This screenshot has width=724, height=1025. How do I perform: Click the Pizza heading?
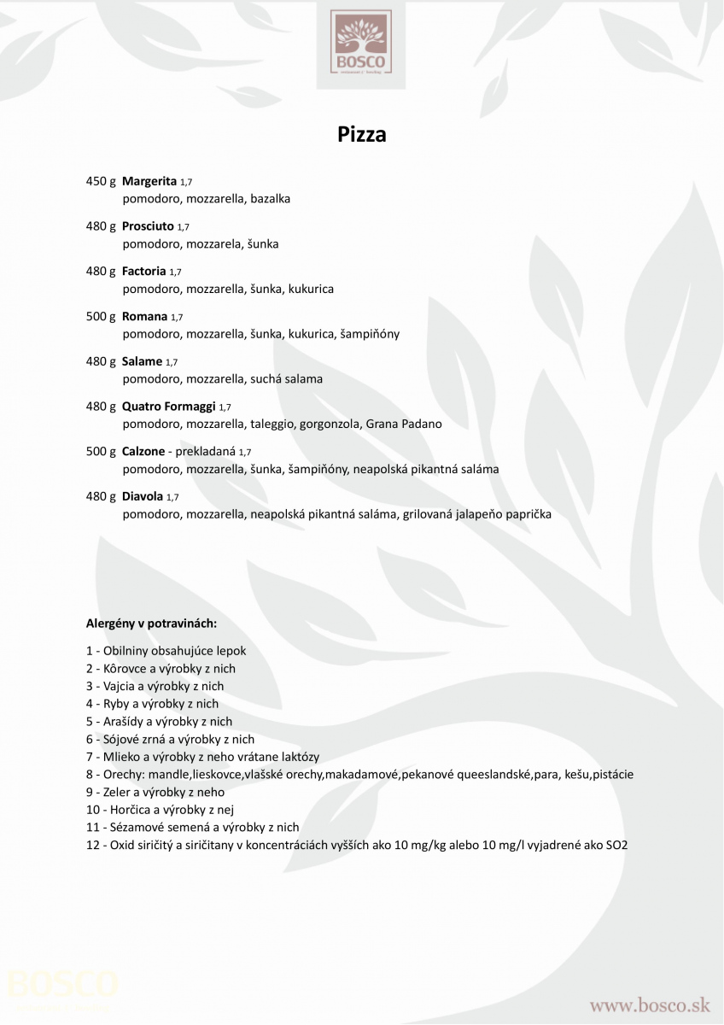(x=362, y=135)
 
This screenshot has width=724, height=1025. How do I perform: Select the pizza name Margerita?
(x=149, y=181)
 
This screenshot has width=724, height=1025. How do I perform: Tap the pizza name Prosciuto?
(x=148, y=226)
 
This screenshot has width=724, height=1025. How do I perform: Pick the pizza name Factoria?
(x=144, y=272)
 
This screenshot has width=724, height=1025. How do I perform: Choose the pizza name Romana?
(x=145, y=317)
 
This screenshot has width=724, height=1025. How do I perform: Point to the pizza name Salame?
(x=142, y=362)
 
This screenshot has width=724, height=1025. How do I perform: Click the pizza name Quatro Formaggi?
(x=169, y=407)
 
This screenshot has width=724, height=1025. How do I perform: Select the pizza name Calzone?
(x=143, y=452)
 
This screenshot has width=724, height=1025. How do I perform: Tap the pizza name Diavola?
(x=143, y=496)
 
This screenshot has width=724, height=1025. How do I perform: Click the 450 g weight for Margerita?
(x=101, y=181)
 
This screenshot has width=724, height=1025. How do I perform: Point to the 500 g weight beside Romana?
(x=101, y=317)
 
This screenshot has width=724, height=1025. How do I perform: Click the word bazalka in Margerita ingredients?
(x=271, y=199)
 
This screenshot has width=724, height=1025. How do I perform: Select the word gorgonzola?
(x=330, y=425)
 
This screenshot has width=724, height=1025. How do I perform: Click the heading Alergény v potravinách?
(x=151, y=624)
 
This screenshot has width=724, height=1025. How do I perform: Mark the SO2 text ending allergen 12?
(x=616, y=846)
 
